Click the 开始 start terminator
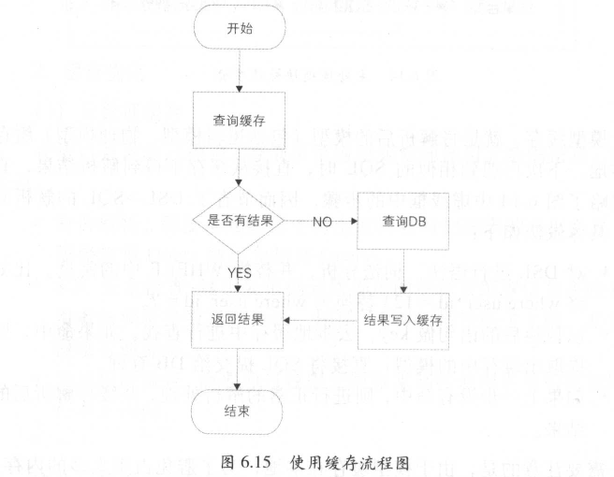click(x=241, y=28)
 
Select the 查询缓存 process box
click(x=241, y=120)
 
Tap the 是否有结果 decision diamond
click(x=241, y=221)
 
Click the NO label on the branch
click(x=319, y=222)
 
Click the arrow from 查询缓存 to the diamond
click(x=241, y=168)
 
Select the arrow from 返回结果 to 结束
click(x=241, y=368)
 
